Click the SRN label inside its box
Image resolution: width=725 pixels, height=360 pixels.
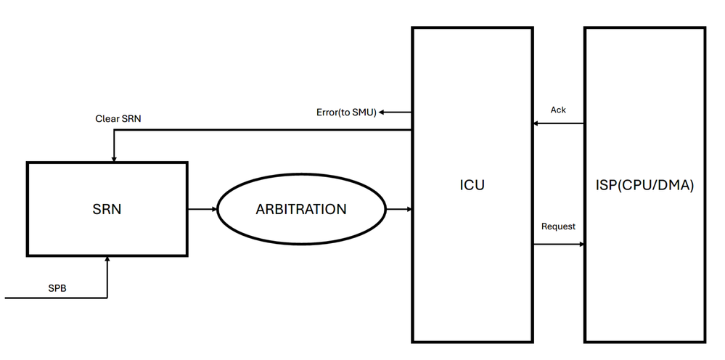107,210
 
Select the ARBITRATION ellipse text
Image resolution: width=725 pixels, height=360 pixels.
301,209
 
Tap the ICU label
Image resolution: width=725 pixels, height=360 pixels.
472,185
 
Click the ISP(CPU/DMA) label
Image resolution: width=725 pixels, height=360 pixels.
644,185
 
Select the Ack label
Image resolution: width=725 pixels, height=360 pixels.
558,110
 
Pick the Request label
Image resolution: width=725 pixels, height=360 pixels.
558,226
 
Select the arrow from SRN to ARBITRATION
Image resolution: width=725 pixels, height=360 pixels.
202,209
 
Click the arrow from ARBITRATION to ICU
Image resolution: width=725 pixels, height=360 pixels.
398,209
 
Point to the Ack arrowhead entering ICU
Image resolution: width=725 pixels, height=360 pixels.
537,123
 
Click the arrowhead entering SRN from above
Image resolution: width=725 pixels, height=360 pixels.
113,158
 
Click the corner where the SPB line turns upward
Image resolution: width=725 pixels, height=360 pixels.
107,298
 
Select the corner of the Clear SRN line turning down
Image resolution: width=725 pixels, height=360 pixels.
113,131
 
